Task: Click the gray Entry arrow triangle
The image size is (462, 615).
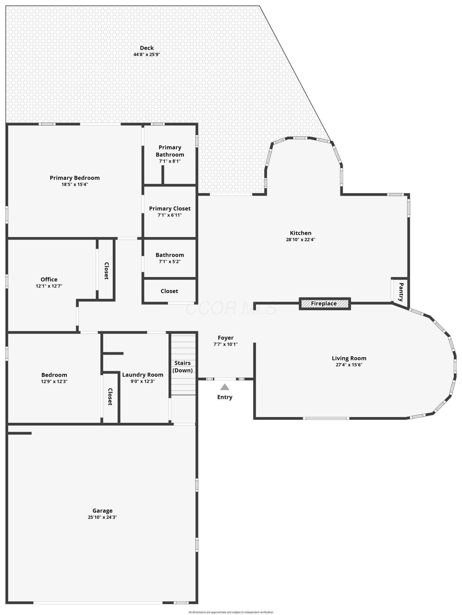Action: (225, 387)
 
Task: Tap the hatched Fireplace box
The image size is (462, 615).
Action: (325, 304)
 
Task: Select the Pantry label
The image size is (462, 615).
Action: (401, 292)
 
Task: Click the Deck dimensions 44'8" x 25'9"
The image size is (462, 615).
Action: (147, 54)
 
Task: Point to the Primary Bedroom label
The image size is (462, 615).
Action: (75, 178)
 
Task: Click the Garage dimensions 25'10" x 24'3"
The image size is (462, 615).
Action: (102, 517)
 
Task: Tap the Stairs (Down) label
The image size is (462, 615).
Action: (182, 367)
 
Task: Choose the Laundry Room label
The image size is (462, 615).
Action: (143, 375)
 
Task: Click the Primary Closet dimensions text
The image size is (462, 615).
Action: (170, 215)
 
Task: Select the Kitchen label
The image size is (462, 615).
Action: (301, 233)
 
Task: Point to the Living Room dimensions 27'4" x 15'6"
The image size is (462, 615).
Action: (349, 365)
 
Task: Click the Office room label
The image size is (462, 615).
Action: (49, 279)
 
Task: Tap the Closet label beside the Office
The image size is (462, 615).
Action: (107, 271)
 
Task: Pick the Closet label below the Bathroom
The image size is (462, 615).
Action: (169, 291)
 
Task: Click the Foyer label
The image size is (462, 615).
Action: (225, 338)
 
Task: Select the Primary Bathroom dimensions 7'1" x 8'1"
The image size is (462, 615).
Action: (170, 161)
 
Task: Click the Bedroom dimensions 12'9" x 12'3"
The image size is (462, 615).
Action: (54, 382)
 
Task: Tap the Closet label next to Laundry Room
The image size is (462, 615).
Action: (110, 397)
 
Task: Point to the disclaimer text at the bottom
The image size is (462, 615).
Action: (231, 612)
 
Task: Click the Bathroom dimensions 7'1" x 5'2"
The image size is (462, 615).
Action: (170, 262)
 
